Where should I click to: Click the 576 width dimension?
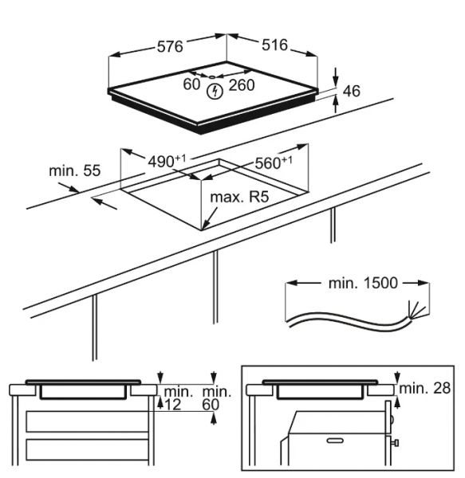point(170,46)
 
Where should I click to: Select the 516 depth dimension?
point(274,45)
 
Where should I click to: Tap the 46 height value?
point(352,91)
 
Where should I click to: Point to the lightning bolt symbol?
point(215,92)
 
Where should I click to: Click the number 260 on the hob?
point(242,85)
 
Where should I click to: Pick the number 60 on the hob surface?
point(191,84)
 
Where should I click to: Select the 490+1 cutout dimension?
point(167,161)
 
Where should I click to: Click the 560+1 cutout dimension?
point(274,163)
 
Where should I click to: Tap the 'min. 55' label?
point(74,170)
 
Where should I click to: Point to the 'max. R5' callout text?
point(239,197)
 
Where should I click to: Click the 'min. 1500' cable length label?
point(363,283)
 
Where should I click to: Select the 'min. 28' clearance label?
point(425,388)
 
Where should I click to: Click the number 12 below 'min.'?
point(173,405)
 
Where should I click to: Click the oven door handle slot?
point(335,441)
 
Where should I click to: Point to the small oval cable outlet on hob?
point(212,77)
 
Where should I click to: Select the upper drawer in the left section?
point(88,421)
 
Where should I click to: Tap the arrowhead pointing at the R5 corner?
point(205,225)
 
